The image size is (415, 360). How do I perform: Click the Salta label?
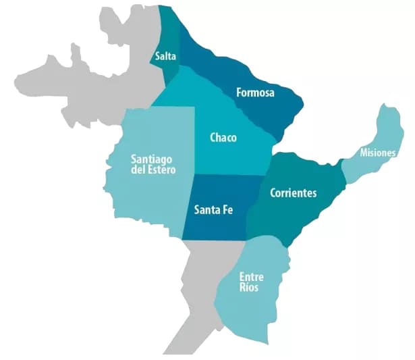(x=165, y=57)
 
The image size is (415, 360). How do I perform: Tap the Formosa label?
(x=255, y=93)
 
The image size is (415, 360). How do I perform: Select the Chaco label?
(x=223, y=138)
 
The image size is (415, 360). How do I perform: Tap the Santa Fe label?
(x=214, y=209)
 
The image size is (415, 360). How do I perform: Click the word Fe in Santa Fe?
(x=229, y=209)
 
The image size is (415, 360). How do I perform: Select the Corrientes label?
(x=293, y=193)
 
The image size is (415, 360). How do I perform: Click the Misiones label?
(x=377, y=153)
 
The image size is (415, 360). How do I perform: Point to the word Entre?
(x=252, y=277)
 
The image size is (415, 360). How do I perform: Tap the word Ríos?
(x=249, y=288)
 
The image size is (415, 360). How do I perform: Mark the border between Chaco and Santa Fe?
(x=226, y=175)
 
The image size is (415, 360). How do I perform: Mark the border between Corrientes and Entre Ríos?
(x=270, y=238)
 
